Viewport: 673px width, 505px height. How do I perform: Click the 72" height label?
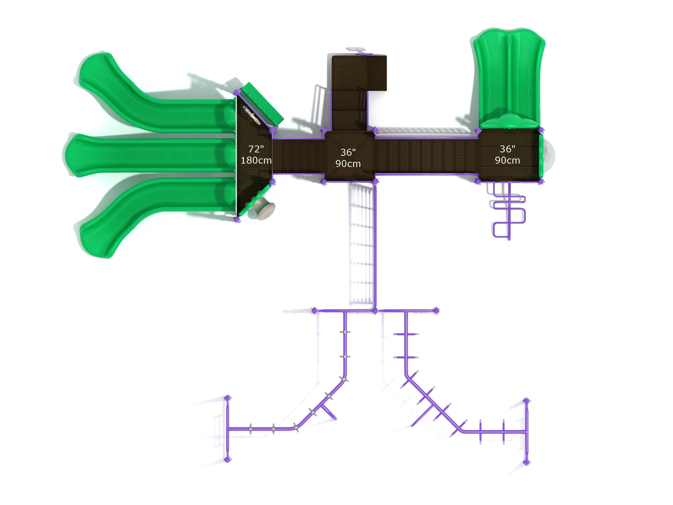tap(256, 149)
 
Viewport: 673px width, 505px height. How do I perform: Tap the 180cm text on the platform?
tap(256, 160)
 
